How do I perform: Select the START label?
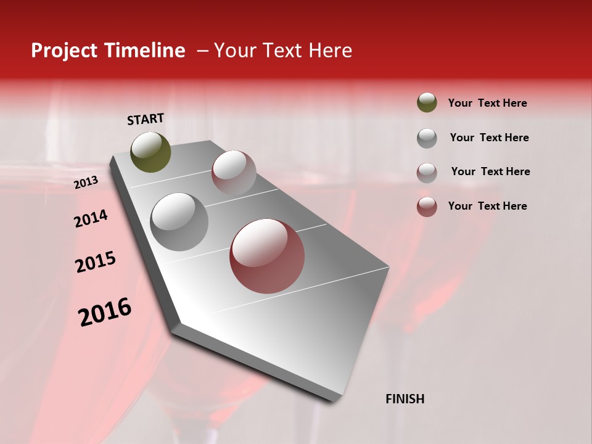[146, 119]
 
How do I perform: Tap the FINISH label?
[405, 399]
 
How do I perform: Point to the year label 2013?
[86, 183]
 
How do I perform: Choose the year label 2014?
[91, 218]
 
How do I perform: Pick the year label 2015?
[96, 262]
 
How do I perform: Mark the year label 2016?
[105, 311]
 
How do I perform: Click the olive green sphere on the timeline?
[151, 152]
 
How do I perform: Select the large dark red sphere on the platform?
[267, 256]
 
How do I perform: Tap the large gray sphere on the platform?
[179, 221]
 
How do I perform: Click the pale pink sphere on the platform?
[234, 172]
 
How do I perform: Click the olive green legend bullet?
[427, 102]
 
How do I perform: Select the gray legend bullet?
[427, 138]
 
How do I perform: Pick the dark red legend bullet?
[427, 207]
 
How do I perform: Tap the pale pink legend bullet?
[427, 172]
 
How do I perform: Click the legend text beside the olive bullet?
[487, 103]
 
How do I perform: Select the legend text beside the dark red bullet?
[487, 206]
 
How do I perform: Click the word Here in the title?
[330, 51]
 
